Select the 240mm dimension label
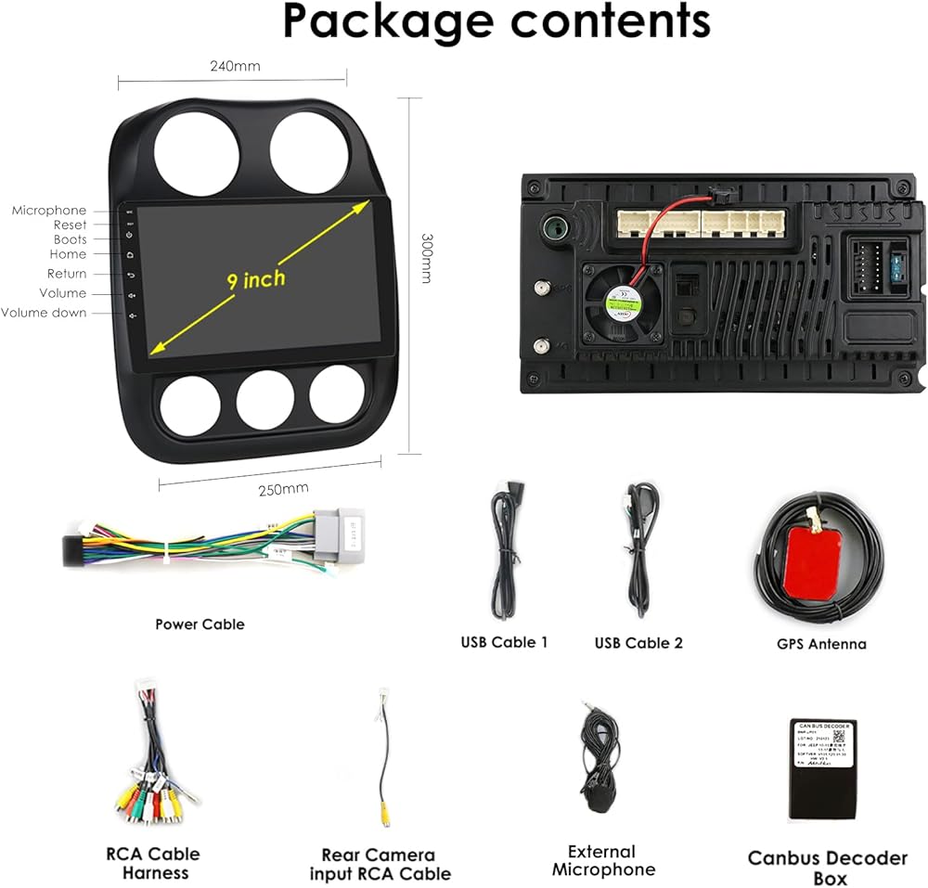click(x=235, y=66)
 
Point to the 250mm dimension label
click(x=283, y=489)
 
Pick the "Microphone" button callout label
click(x=49, y=211)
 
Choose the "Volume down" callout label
click(x=44, y=313)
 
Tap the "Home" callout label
click(x=68, y=254)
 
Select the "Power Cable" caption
click(x=200, y=624)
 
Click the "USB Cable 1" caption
click(x=505, y=642)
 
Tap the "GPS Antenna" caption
click(x=821, y=644)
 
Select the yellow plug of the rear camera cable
click(x=383, y=817)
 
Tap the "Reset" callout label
click(x=70, y=225)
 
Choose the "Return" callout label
click(x=67, y=274)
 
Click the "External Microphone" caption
click(x=603, y=861)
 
